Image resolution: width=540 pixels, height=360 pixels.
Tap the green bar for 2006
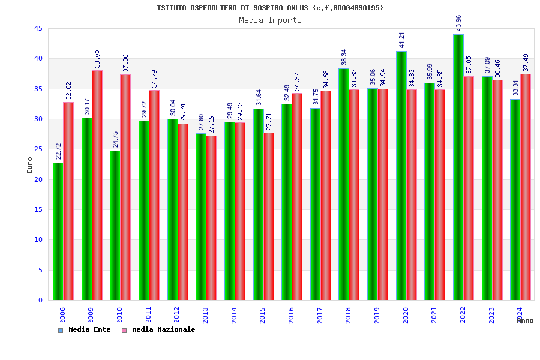58,231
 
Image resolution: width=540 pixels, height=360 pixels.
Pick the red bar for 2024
526,187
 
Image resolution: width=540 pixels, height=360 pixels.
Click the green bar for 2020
401,175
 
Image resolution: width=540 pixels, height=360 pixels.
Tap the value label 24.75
116,139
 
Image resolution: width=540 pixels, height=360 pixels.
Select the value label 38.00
97,59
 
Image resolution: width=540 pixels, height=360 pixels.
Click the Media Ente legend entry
85,330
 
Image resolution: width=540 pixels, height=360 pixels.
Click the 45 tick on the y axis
38,29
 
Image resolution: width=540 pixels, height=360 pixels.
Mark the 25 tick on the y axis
38,149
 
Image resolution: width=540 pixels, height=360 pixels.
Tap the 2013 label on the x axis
206,315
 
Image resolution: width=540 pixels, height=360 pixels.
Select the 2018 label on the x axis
349,315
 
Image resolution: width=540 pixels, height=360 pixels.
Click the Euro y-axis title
30,166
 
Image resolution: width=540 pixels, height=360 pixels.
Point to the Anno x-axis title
525,321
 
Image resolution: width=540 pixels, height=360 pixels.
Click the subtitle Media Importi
270,20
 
